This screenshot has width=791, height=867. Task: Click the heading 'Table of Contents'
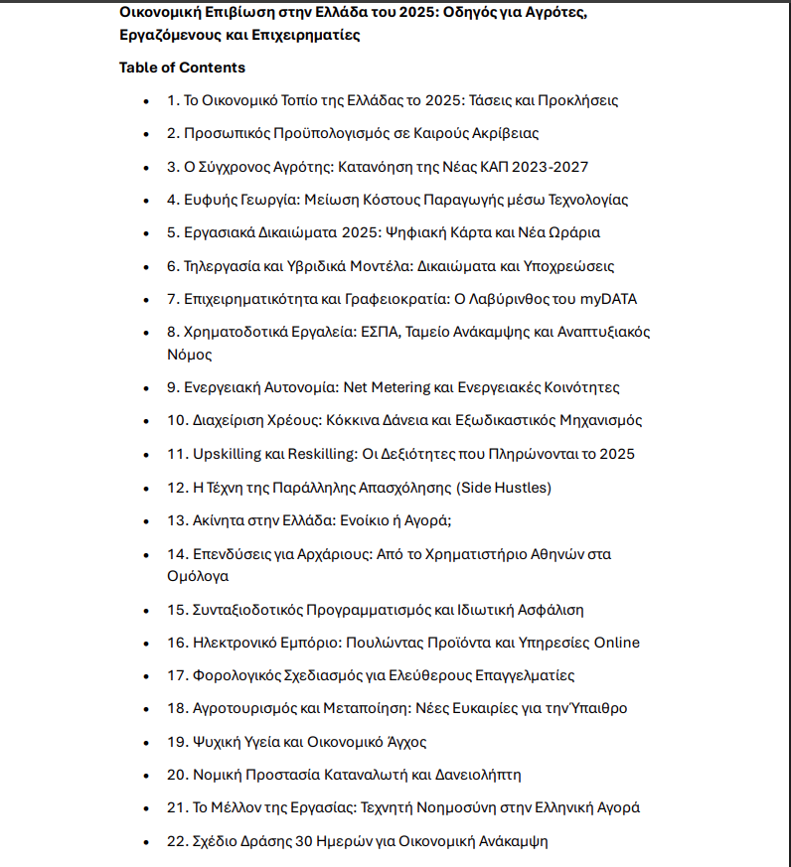[x=182, y=68]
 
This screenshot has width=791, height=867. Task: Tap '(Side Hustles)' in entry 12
[x=504, y=487]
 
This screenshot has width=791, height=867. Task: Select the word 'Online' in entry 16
[x=616, y=643]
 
